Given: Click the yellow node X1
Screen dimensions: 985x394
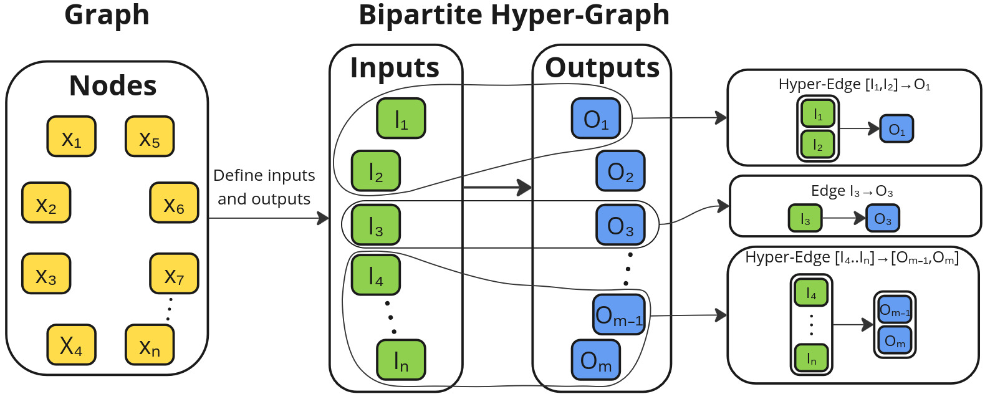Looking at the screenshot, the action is [71, 137].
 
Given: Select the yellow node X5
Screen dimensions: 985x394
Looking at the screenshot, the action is [150, 137].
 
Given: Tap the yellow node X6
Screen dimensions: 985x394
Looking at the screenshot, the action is [174, 203].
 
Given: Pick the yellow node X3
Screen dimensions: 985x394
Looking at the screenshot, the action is [46, 274].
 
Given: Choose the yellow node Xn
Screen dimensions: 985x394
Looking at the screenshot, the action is [150, 345].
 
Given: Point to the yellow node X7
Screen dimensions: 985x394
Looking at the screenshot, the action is [174, 274].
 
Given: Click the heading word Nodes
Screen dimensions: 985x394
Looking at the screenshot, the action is [113, 85].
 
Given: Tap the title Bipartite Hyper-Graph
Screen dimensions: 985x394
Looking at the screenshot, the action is [514, 15].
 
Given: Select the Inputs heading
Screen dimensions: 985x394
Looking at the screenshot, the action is [395, 68].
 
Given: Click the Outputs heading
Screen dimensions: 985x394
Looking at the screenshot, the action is [602, 68].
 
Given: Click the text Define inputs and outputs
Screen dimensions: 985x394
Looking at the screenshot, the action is [264, 187].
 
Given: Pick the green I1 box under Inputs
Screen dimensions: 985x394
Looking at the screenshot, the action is [401, 118].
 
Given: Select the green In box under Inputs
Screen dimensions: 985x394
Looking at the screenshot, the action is [401, 360].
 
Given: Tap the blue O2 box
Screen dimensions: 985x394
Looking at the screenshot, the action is [620, 171].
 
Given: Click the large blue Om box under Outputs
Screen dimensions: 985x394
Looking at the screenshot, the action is [596, 360].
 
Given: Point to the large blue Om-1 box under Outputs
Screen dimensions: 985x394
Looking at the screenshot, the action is [619, 314].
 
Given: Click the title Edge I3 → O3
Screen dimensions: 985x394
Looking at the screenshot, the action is [852, 191].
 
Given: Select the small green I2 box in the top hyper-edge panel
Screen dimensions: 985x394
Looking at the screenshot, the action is [817, 144].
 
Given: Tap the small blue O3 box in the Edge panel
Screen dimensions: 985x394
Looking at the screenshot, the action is [883, 218].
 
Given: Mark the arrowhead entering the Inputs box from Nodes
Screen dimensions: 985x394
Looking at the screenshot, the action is [324, 218].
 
